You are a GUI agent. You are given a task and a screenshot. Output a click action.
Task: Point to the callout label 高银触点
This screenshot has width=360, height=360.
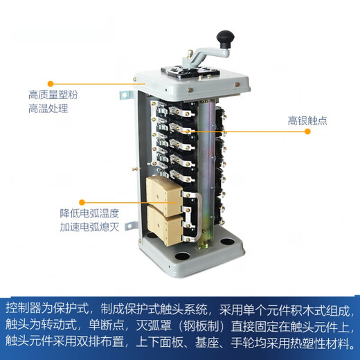pos(308,121)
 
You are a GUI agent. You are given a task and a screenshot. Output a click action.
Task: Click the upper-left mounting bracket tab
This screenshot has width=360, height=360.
pos(126,92)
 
